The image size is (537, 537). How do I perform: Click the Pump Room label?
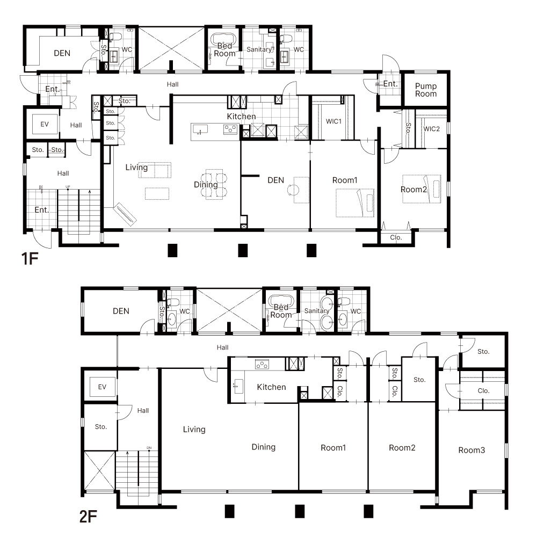(426, 90)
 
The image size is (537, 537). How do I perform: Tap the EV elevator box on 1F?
(45, 124)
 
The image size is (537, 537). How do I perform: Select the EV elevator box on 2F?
(102, 387)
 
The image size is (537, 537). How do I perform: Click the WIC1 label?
(333, 121)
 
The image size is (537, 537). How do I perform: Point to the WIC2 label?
(432, 129)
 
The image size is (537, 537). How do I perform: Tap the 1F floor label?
(30, 259)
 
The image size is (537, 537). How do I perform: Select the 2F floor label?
(88, 517)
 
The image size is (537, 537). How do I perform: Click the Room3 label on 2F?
(471, 450)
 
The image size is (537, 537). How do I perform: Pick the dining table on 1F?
(214, 184)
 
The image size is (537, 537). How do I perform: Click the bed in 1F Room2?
(422, 188)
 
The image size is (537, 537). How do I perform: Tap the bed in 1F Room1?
(355, 203)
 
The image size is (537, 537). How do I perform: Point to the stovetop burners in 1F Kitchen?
(230, 129)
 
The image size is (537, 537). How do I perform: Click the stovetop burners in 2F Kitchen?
(262, 365)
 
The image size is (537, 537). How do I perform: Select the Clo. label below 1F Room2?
(396, 237)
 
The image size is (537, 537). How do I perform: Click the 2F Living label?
(194, 430)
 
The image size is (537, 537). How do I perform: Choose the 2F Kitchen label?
(271, 387)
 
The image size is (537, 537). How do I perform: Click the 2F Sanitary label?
(316, 310)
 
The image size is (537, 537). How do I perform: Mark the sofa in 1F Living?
(155, 170)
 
